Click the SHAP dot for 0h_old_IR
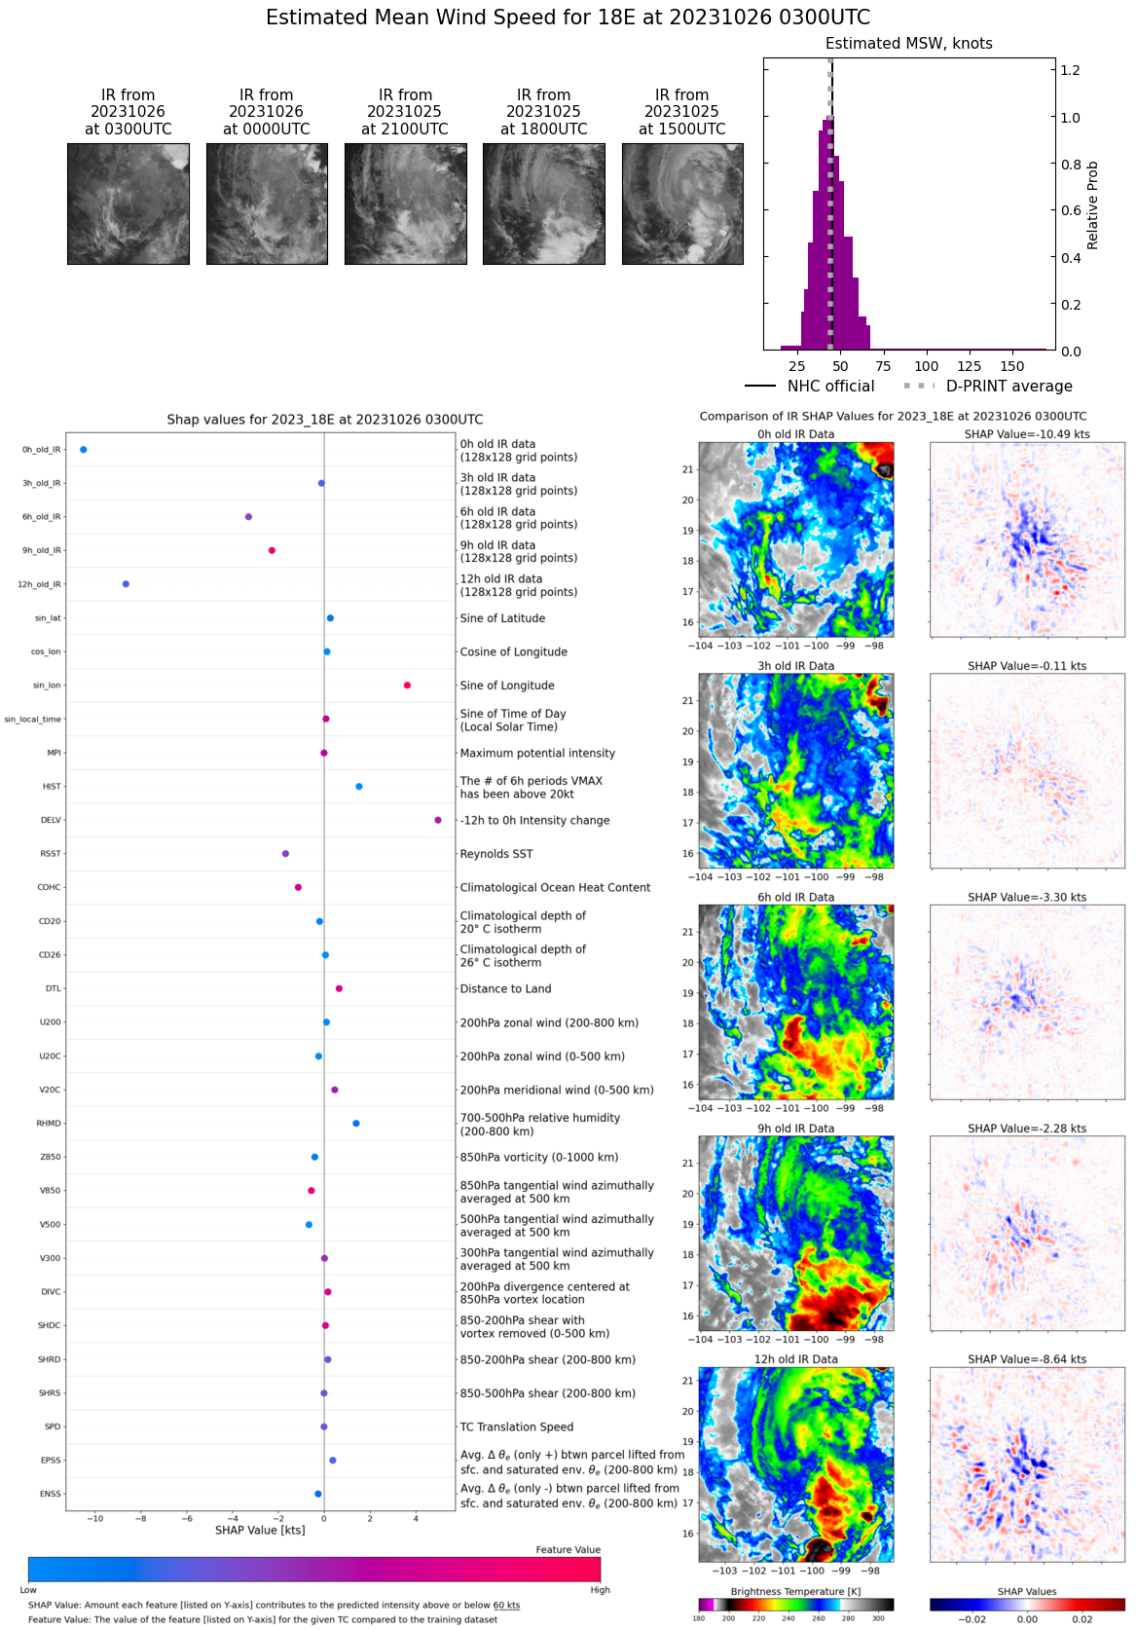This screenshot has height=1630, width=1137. (84, 450)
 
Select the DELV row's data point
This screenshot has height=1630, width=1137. (438, 820)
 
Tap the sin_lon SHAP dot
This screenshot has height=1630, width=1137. (407, 685)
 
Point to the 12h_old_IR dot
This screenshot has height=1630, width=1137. (126, 584)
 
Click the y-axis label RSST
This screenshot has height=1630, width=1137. (51, 854)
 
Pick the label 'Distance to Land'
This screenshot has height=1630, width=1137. (505, 988)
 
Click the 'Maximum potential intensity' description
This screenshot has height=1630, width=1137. (537, 753)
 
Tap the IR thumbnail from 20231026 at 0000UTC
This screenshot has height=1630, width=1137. (267, 204)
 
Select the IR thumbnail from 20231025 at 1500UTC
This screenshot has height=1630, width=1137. (682, 204)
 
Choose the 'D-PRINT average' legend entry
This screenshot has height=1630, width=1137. (1009, 387)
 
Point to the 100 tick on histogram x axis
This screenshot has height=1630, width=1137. (927, 366)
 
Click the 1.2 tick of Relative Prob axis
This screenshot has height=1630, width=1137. (1070, 70)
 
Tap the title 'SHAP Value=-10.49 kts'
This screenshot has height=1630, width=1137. (1027, 434)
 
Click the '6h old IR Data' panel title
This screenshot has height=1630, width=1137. (795, 897)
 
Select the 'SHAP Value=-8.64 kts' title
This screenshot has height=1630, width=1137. (1027, 1359)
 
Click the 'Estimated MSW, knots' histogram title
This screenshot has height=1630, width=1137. (908, 44)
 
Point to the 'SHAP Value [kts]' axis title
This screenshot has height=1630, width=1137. (260, 1530)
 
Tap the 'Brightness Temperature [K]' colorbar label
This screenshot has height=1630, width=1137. (795, 1591)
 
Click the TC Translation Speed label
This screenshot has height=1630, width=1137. (516, 1426)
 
